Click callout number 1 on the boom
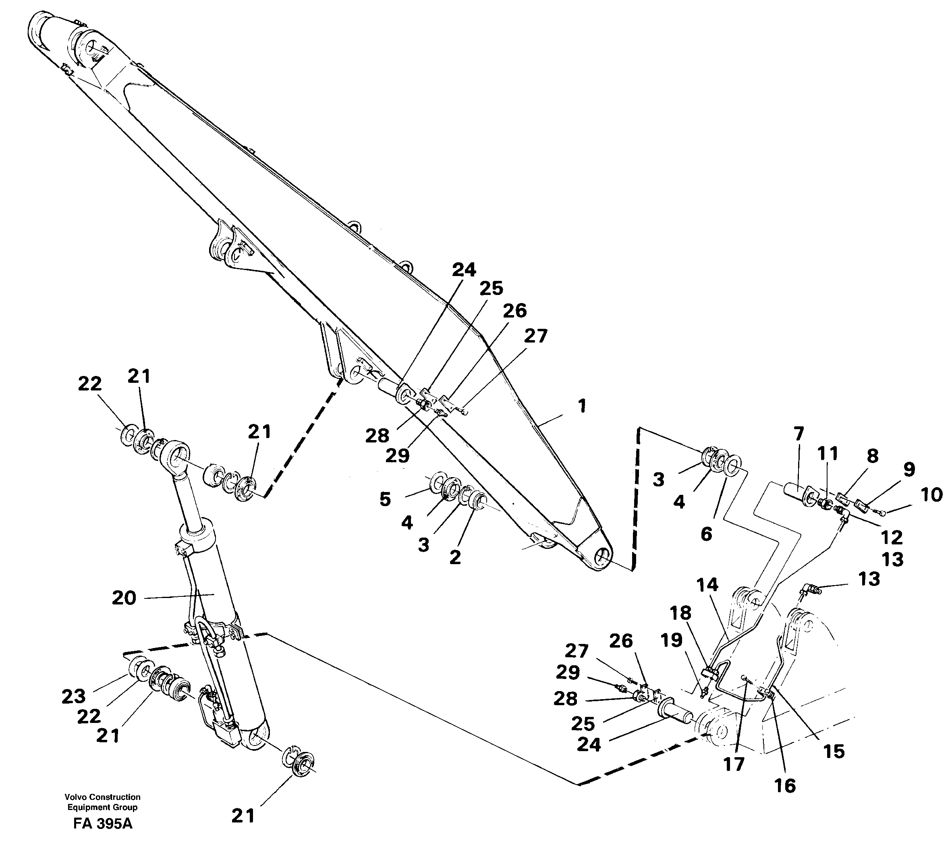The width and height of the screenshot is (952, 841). point(582,406)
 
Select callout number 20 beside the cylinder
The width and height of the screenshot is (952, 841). point(124,598)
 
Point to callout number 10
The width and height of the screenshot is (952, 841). point(931,495)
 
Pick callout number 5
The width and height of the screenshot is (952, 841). point(385,499)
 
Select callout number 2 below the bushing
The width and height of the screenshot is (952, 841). point(455,557)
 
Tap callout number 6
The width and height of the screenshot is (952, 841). point(706,534)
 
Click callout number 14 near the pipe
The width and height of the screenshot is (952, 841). point(707,584)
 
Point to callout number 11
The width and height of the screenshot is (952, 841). point(828,453)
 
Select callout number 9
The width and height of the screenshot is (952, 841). point(909,469)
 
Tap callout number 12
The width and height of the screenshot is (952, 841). point(892,538)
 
